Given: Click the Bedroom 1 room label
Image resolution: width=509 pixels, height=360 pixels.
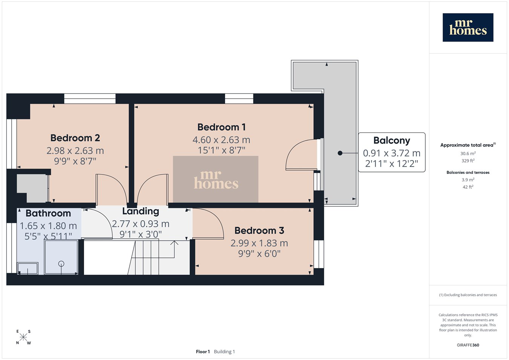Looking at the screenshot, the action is point(222,127).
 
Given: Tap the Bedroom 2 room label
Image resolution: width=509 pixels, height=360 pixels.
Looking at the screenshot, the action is point(75,138).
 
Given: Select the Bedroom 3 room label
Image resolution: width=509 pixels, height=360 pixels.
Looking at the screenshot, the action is point(259,231).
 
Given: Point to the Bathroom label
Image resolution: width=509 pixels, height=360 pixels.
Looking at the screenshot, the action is point(48,213).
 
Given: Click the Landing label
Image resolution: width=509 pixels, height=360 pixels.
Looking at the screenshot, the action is point(141,211).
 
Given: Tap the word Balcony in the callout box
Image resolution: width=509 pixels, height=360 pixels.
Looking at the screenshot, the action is point(392,141).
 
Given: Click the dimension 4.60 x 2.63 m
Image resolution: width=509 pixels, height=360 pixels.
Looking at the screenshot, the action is point(221,140).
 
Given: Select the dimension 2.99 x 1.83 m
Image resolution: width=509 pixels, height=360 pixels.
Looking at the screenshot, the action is point(259,243).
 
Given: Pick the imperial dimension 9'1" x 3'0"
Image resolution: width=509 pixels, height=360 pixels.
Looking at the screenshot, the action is point(141,234).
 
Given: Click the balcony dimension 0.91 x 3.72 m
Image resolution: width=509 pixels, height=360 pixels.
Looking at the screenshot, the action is point(392,153).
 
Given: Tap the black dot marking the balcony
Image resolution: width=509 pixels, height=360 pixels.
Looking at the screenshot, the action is point(340,153).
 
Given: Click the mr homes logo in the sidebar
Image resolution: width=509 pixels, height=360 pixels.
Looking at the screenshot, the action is point(468,28).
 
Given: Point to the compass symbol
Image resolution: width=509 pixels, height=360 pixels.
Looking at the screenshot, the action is point(23,337).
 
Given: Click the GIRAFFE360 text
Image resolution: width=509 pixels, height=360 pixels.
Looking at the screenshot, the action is point(468,345).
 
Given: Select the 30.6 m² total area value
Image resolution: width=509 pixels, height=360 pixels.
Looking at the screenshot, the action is point(468,153).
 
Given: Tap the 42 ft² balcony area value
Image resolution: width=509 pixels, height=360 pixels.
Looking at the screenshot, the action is point(468,187).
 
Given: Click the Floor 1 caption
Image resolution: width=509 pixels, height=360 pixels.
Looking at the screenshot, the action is point(203,352).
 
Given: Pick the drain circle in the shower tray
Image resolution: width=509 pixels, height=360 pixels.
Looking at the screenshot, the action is point(61,264).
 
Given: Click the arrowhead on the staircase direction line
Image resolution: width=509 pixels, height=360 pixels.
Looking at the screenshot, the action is point(174,242).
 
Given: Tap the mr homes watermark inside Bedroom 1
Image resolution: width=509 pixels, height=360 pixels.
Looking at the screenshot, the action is point(216,179).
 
